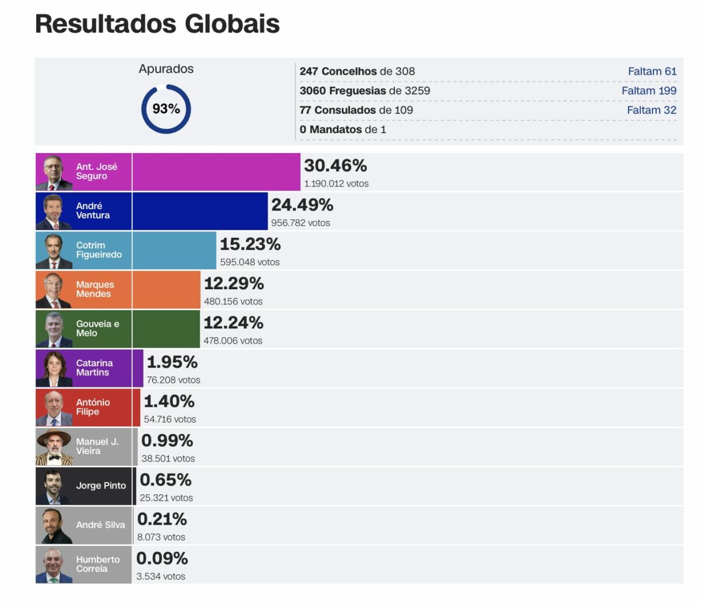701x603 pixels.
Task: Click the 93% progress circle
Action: (x=166, y=109)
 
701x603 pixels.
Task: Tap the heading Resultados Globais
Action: (x=157, y=24)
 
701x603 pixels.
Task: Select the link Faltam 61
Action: (x=652, y=71)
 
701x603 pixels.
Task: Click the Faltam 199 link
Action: (x=648, y=91)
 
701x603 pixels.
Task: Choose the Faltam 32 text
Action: (x=651, y=110)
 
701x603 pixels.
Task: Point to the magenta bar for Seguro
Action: (x=216, y=172)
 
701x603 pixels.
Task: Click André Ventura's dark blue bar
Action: (x=200, y=211)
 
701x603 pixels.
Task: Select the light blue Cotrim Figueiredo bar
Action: (x=174, y=250)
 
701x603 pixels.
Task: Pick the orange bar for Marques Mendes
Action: (x=166, y=290)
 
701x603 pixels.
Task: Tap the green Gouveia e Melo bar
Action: (x=166, y=329)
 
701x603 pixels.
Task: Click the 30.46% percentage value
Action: (x=335, y=166)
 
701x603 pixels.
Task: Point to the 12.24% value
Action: (x=234, y=323)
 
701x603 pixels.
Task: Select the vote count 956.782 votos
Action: (x=300, y=223)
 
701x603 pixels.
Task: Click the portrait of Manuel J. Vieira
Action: (x=54, y=447)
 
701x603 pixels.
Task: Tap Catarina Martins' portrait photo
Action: (x=54, y=368)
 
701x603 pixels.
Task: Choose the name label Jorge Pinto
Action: (x=100, y=486)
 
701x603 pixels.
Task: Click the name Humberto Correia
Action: (x=98, y=564)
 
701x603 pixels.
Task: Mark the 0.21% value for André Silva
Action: (x=162, y=519)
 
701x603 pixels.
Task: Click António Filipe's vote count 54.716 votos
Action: (x=170, y=419)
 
